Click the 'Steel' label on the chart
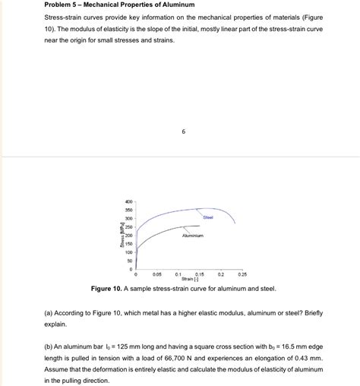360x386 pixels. click(x=207, y=218)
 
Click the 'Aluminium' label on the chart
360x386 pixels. click(x=193, y=236)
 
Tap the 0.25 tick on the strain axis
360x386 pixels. click(x=242, y=274)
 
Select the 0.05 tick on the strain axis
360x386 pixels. click(x=156, y=274)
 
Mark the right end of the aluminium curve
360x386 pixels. click(x=200, y=226)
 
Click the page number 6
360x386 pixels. click(x=183, y=131)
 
